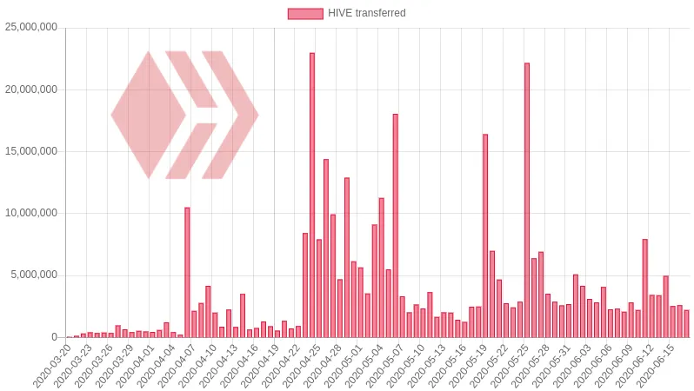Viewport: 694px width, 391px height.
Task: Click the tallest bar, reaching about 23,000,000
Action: click(x=312, y=195)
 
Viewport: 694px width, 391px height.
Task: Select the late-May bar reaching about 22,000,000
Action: click(x=527, y=200)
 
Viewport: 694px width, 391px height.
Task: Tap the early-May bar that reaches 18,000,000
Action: click(x=395, y=226)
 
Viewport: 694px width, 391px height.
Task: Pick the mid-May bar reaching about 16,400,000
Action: click(x=485, y=235)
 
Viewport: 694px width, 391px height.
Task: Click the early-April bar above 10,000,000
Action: click(x=187, y=273)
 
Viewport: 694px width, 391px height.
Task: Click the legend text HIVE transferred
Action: click(x=366, y=13)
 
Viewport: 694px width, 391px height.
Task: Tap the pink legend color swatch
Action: click(x=305, y=13)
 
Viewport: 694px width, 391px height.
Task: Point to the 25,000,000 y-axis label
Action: click(x=31, y=28)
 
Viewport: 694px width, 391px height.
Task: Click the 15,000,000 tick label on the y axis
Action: click(x=31, y=151)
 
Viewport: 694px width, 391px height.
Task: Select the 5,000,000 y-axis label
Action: click(x=35, y=275)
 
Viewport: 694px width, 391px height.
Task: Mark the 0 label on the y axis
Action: click(x=54, y=337)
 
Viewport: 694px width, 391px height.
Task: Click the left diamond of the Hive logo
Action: click(x=148, y=115)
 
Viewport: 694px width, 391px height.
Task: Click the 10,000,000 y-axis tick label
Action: click(x=31, y=214)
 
